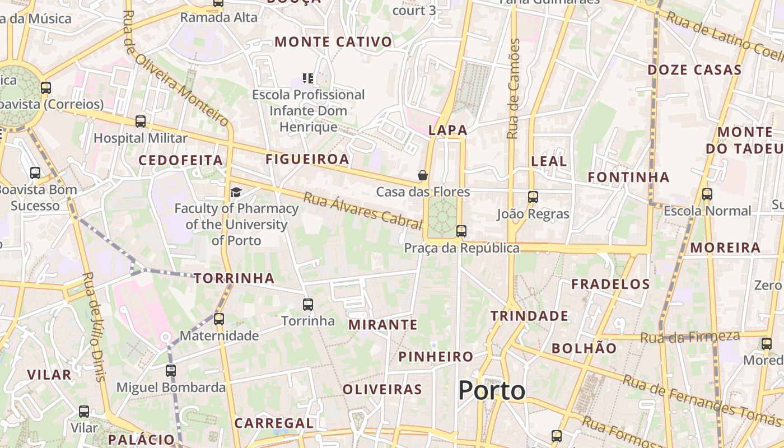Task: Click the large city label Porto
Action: click(x=492, y=390)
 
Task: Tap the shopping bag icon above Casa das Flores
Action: click(x=423, y=175)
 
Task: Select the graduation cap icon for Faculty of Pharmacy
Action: click(x=236, y=193)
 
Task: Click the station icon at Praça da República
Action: click(x=461, y=231)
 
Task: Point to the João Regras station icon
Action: click(x=533, y=197)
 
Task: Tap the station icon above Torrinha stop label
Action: click(x=308, y=305)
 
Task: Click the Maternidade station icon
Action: click(x=219, y=319)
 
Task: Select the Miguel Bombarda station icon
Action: click(x=171, y=370)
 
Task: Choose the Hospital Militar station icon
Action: click(x=141, y=121)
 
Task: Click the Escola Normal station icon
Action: click(x=707, y=194)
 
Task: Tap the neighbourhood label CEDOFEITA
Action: click(x=181, y=160)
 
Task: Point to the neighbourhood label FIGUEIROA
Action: click(x=307, y=159)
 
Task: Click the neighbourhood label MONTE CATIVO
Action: click(x=333, y=42)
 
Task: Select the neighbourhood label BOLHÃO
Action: click(x=584, y=348)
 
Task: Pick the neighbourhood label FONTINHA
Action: click(x=628, y=178)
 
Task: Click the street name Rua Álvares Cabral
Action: click(x=362, y=211)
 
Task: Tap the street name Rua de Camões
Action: click(x=514, y=89)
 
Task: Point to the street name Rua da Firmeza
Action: click(x=690, y=337)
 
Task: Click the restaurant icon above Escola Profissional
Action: click(x=308, y=78)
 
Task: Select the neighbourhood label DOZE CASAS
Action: click(x=694, y=70)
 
